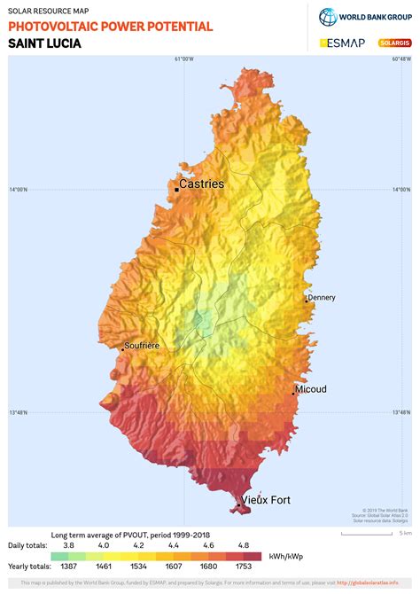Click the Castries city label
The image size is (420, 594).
tap(202, 184)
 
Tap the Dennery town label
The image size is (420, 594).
tap(323, 298)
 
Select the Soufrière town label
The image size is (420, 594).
tap(142, 346)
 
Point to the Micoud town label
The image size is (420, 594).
tap(312, 389)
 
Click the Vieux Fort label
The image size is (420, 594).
tap(267, 500)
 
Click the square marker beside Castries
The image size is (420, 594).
tap(176, 186)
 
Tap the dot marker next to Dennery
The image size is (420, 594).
tap(307, 301)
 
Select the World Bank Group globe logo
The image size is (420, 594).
tap(328, 16)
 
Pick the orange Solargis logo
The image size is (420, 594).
tap(393, 42)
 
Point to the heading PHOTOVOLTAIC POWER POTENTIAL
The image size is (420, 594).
tap(111, 27)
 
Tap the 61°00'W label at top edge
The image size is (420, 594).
tap(183, 59)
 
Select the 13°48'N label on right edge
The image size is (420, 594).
tap(401, 412)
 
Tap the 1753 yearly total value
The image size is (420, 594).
tap(244, 565)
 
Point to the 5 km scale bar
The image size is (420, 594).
tap(391, 535)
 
